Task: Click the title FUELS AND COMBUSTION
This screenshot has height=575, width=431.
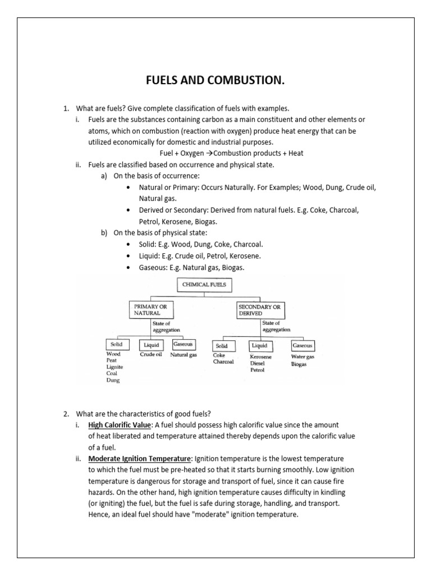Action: pyautogui.click(x=215, y=82)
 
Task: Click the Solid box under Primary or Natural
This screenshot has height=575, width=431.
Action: pyautogui.click(x=118, y=344)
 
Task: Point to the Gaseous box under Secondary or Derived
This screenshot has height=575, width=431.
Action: pyautogui.click(x=302, y=345)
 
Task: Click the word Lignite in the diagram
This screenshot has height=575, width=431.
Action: pyautogui.click(x=115, y=367)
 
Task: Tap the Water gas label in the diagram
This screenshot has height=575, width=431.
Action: pyautogui.click(x=303, y=357)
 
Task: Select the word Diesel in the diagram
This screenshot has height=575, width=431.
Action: pyautogui.click(x=258, y=363)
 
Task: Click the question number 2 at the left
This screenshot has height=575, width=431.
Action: pyautogui.click(x=66, y=414)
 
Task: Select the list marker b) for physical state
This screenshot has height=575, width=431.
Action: pyautogui.click(x=104, y=233)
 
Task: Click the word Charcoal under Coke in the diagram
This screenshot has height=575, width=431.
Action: pyautogui.click(x=223, y=362)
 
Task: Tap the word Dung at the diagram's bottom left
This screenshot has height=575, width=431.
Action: pyautogui.click(x=113, y=380)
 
